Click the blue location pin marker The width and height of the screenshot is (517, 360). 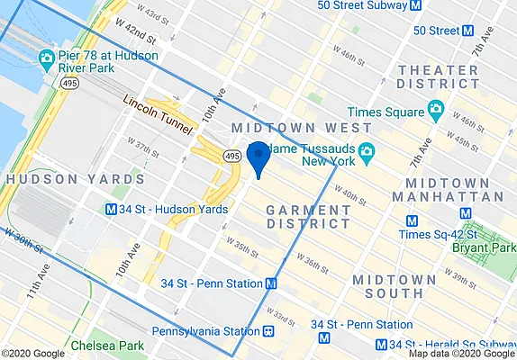[x=258, y=157]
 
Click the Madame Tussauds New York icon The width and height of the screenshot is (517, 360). [x=367, y=150]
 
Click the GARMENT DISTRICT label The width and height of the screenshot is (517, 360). [x=308, y=216]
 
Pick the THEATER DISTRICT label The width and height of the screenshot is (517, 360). [x=439, y=78]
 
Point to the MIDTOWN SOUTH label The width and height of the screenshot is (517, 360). [x=387, y=287]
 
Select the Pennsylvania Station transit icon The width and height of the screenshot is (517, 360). [x=268, y=331]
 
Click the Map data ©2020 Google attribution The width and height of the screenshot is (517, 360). [x=461, y=354]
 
